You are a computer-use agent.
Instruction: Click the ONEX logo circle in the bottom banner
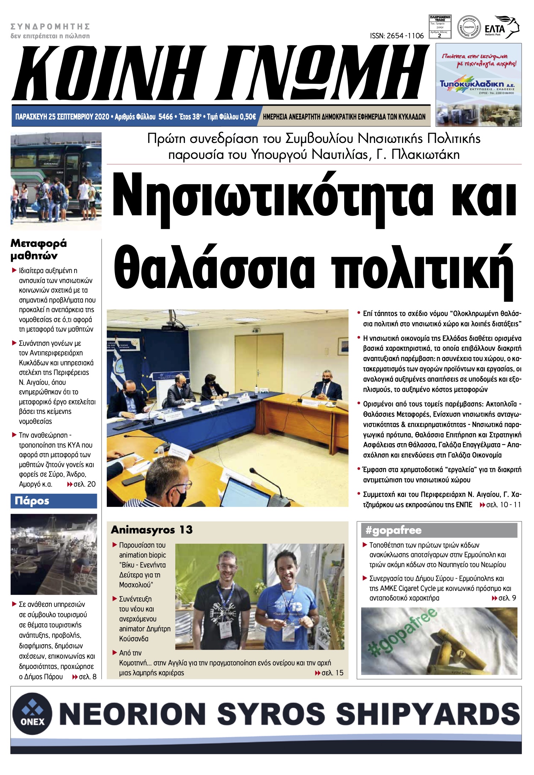(32, 713)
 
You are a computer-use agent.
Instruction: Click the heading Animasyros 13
(152, 530)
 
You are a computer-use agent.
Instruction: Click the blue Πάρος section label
(32, 501)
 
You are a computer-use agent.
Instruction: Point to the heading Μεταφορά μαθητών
(39, 249)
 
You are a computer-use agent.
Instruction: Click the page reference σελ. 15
(332, 673)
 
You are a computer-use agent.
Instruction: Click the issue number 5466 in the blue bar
(165, 117)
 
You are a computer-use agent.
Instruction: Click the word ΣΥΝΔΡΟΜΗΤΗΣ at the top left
(50, 27)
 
